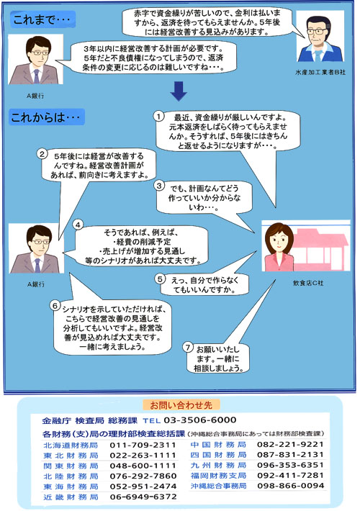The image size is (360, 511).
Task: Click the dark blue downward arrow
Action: click(179, 91)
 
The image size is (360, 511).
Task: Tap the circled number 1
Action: click(158, 117)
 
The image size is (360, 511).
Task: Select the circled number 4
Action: click(78, 225)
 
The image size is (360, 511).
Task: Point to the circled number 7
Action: click(188, 348)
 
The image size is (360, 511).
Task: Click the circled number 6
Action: click(55, 306)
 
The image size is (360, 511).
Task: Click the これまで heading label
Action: click(42, 20)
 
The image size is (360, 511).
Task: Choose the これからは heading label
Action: click(47, 117)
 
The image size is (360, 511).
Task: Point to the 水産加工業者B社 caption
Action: click(320, 73)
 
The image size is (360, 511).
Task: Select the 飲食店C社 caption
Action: click(308, 283)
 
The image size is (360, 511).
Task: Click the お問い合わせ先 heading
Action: click(181, 405)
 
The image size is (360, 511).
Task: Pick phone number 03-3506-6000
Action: click(200, 420)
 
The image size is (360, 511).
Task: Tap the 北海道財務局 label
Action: click(71, 446)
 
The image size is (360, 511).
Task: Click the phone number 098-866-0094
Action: click(291, 486)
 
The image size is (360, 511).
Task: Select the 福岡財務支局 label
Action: click(218, 476)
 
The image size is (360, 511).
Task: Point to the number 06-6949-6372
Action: click(143, 497)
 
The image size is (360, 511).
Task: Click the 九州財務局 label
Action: click(218, 465)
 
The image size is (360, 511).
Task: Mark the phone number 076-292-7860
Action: click(143, 476)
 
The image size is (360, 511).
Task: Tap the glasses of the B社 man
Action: click(317, 32)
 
